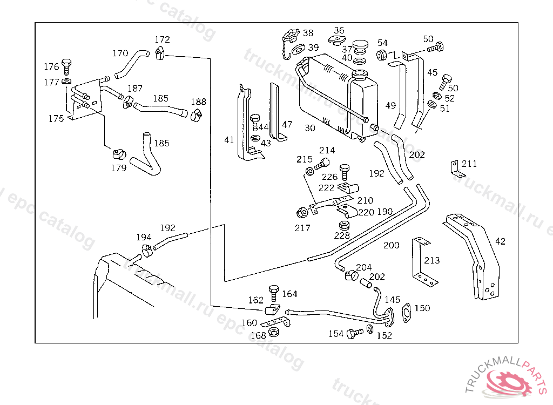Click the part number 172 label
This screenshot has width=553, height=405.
(162, 39)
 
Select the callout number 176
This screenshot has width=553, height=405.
(51, 67)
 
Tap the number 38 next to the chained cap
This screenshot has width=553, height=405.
(308, 33)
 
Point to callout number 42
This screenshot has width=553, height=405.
(501, 241)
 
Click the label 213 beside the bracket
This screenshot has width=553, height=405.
(431, 260)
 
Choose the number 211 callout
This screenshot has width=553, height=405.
(469, 164)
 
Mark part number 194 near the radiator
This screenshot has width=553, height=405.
(144, 237)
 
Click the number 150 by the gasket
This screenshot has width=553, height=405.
(422, 308)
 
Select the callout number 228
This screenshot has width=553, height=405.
(342, 235)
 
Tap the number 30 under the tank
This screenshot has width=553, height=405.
(310, 128)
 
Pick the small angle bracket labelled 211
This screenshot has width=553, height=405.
(455, 167)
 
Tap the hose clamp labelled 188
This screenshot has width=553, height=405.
(196, 114)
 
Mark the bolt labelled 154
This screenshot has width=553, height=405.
(355, 334)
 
